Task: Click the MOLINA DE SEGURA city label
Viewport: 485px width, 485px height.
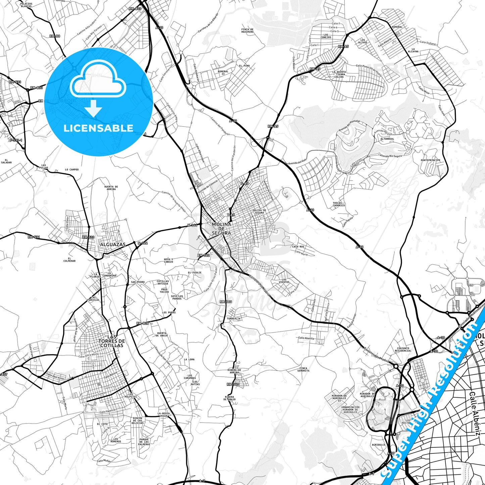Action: tap(222, 229)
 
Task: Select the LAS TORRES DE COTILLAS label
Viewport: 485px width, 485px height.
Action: tap(112, 341)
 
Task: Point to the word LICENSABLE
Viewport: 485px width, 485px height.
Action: tap(98, 128)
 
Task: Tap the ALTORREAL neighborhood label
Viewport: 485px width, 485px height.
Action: tap(387, 139)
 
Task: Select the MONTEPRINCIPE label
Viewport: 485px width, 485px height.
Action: tap(431, 160)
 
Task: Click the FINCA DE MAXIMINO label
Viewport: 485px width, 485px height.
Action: tap(247, 31)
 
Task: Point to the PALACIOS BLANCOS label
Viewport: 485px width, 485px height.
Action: tap(26, 5)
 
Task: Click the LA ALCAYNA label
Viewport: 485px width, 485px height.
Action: tap(413, 50)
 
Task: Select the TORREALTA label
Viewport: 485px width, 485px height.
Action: tap(234, 319)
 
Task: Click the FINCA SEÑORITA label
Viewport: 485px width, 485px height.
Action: tap(303, 369)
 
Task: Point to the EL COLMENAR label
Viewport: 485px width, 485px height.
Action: tap(69, 259)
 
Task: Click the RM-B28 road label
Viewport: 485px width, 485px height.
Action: tap(143, 324)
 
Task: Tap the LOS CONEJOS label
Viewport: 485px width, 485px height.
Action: tap(326, 36)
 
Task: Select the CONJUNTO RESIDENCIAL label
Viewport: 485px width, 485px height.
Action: tap(403, 349)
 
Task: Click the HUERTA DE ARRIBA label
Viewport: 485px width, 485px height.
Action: tap(111, 188)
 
